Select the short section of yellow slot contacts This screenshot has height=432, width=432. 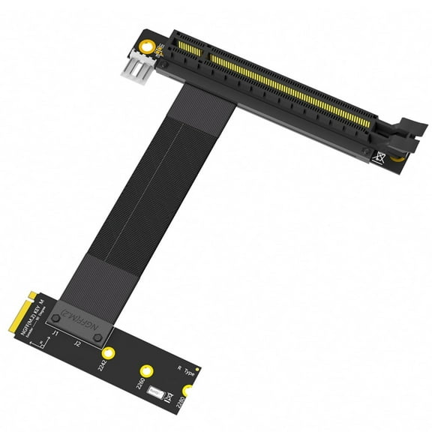(x=185, y=47)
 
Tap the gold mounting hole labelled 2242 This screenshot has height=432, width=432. (x=109, y=354)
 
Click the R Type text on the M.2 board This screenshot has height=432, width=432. (x=184, y=373)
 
